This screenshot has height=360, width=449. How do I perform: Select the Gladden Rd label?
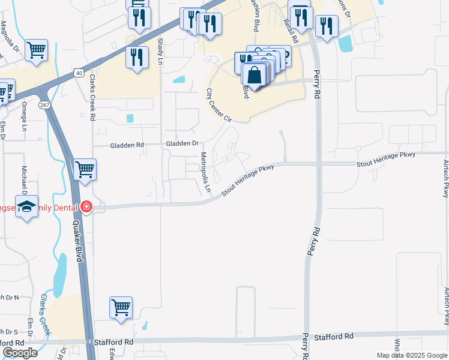tap(127, 145)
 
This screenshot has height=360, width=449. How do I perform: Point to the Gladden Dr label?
tap(182, 144)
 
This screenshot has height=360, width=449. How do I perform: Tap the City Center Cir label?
tap(218, 106)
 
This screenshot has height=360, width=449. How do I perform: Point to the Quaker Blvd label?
tap(77, 239)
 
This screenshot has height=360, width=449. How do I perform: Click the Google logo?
tap(20, 352)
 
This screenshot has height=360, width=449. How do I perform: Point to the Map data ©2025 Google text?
tap(412, 355)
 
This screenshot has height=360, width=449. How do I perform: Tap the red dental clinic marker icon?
tap(86, 207)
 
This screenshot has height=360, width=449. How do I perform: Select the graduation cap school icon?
tap(27, 206)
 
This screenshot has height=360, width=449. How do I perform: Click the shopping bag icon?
tap(255, 76)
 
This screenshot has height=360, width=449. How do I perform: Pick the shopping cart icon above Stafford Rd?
tap(121, 308)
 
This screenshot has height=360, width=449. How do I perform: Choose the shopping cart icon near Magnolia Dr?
tap(36, 50)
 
